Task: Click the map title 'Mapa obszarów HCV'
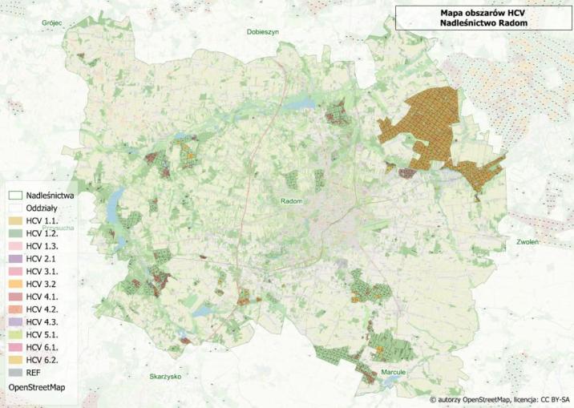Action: (483, 13)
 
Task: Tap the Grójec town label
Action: (53, 24)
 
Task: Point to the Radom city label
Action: (291, 201)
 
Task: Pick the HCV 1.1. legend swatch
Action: (15, 220)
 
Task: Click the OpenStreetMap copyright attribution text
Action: (499, 398)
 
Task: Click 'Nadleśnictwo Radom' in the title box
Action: (483, 24)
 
